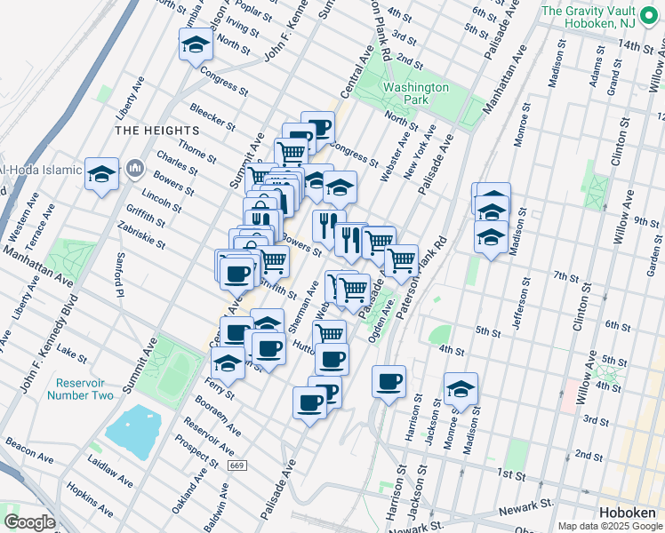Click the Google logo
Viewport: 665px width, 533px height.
click(28, 521)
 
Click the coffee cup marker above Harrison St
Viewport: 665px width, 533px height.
click(389, 382)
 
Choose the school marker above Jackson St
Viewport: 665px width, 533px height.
click(461, 389)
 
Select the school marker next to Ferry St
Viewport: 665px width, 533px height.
click(228, 362)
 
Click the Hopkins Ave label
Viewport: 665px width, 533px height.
click(92, 502)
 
